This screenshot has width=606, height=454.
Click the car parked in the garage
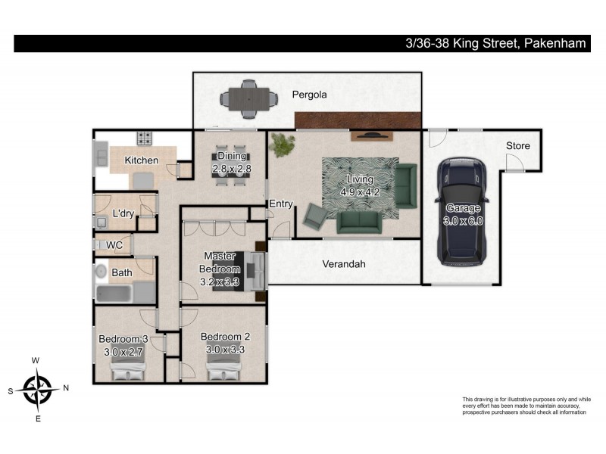(x=462, y=212)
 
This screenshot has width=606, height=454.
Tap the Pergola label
(x=309, y=95)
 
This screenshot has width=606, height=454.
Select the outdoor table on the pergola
(x=249, y=99)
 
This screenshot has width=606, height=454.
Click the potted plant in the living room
(x=282, y=144)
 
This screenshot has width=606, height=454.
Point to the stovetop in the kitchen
(x=145, y=138)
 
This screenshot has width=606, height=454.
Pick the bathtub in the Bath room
(x=114, y=294)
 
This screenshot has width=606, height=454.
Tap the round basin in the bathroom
(x=102, y=271)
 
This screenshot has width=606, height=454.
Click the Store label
(x=518, y=145)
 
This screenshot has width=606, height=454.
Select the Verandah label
(x=344, y=264)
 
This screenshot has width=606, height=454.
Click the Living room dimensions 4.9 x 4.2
(x=360, y=192)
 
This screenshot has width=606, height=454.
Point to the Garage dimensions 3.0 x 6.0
(x=463, y=221)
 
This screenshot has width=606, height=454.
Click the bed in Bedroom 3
(x=128, y=368)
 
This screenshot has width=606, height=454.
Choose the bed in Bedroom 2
(x=223, y=368)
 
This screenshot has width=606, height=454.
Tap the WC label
(x=114, y=245)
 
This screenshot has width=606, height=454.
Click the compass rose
(x=37, y=389)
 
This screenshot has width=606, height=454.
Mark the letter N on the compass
(x=66, y=388)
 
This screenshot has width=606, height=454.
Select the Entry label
(x=281, y=204)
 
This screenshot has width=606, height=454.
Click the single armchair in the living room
(x=316, y=216)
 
